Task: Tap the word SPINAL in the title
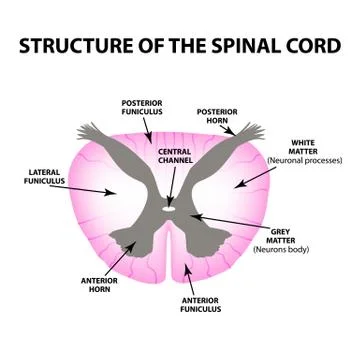246,47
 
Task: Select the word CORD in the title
312,47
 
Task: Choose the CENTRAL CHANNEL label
175,156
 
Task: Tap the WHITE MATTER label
302,147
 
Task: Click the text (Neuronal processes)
304,160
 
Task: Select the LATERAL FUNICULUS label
45,177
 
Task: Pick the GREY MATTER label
281,234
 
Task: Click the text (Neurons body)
281,248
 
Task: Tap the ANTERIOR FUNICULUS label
200,304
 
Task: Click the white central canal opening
170,210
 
